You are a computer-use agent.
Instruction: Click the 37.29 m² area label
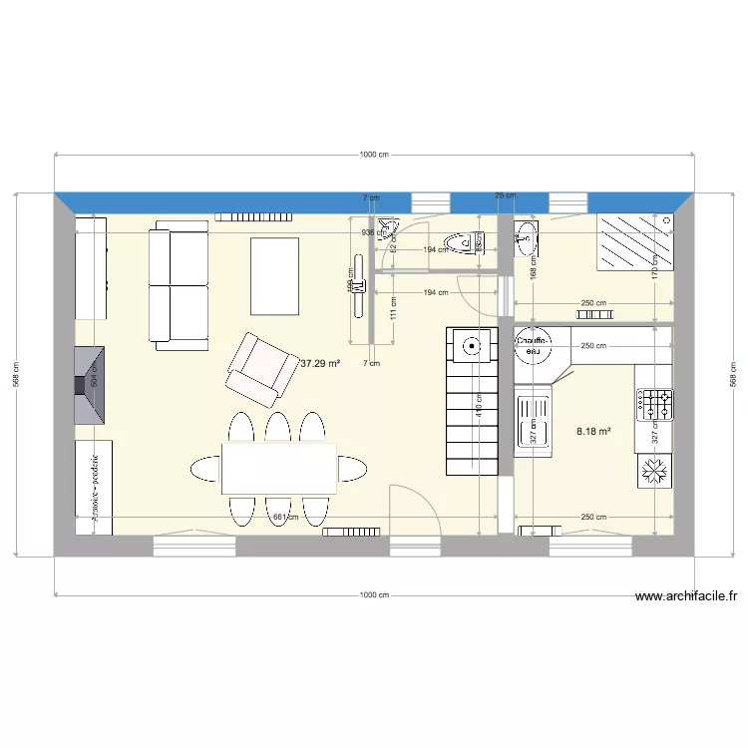(x=320, y=364)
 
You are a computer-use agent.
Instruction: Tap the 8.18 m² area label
(x=593, y=432)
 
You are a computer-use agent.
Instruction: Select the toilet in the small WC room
(x=464, y=242)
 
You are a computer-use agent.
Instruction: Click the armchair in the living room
(x=259, y=369)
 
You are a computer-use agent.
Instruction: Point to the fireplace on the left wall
(x=91, y=384)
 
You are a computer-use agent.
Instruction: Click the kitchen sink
(x=534, y=423)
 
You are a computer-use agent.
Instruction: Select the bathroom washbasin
(x=527, y=237)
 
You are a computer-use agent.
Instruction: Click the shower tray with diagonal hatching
(x=634, y=241)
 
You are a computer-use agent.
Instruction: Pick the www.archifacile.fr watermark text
(x=687, y=597)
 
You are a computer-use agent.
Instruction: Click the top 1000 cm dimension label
(x=374, y=155)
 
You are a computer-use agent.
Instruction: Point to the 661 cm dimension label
(x=285, y=517)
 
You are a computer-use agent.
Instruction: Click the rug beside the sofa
(x=274, y=274)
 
